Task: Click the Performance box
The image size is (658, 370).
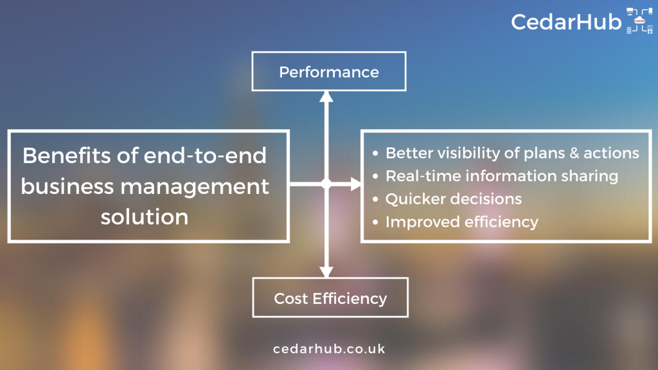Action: tap(328, 71)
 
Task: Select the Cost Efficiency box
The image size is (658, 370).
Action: tap(330, 298)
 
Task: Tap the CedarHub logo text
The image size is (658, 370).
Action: tap(566, 22)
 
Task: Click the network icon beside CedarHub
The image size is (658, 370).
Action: tap(639, 22)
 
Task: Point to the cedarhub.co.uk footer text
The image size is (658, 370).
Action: tap(329, 349)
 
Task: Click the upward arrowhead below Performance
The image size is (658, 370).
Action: tap(326, 97)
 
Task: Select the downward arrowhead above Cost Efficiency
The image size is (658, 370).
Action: tap(326, 271)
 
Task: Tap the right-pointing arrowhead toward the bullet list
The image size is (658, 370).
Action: tap(355, 184)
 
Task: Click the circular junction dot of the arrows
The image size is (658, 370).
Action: tap(326, 184)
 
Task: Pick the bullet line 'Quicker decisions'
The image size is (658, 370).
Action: tap(453, 199)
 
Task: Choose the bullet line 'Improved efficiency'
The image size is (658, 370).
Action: tap(461, 222)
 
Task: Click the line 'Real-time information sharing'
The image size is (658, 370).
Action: tap(501, 176)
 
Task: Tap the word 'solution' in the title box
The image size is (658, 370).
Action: tap(145, 216)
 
